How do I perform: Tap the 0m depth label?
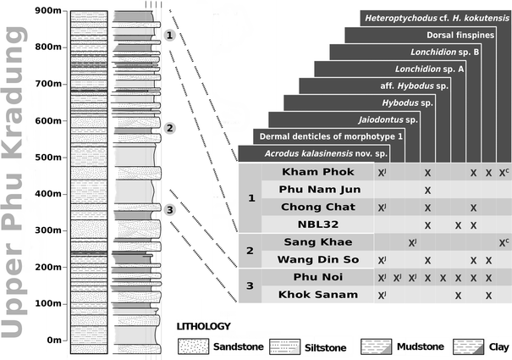coord(52,341)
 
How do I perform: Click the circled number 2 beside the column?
coord(169,129)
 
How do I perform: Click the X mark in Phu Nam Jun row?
coord(428,190)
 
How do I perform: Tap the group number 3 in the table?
coord(250,286)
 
